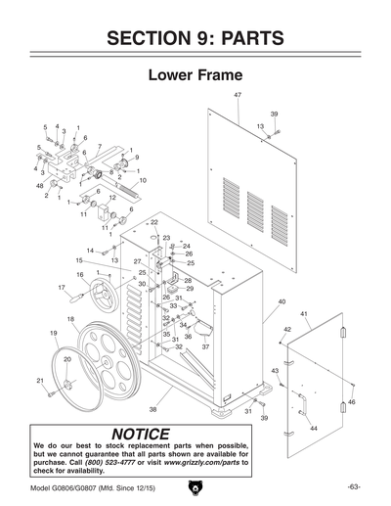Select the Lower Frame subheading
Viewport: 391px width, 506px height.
(195, 75)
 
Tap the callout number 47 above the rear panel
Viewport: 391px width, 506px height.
(238, 94)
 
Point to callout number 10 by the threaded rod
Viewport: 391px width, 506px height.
(143, 180)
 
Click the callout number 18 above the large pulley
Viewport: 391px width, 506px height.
(70, 319)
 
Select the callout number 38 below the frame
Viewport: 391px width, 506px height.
(152, 409)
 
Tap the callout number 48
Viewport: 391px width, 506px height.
(39, 185)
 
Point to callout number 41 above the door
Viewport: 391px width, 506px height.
(304, 314)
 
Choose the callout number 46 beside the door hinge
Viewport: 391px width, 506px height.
(352, 402)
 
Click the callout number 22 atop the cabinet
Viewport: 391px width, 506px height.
(153, 222)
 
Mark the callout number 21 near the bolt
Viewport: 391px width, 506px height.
(40, 380)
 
